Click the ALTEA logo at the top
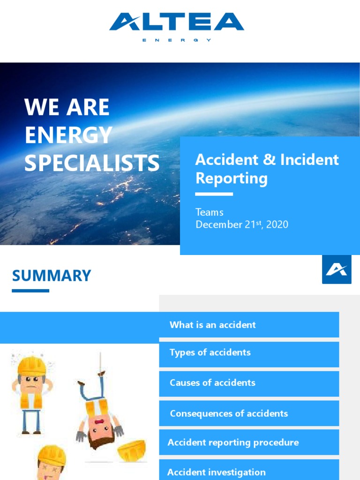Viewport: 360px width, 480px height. click(x=177, y=22)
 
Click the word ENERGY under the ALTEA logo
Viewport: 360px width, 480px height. click(x=177, y=40)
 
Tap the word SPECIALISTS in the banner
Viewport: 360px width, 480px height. click(x=92, y=163)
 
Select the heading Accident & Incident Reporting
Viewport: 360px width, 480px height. click(x=267, y=169)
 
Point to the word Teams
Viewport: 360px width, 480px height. click(x=209, y=212)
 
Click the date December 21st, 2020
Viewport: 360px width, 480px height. click(x=241, y=224)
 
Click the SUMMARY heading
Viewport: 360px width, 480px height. click(x=52, y=276)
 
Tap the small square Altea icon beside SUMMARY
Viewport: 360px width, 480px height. click(x=337, y=270)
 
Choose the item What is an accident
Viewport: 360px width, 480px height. click(x=212, y=325)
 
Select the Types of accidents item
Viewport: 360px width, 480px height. click(x=210, y=352)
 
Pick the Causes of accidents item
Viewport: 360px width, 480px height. click(x=212, y=382)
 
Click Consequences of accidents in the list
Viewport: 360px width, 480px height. click(x=229, y=413)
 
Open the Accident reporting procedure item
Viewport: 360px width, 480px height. click(x=233, y=442)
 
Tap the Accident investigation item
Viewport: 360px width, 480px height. click(x=216, y=472)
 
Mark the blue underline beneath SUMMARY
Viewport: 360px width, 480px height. click(x=30, y=291)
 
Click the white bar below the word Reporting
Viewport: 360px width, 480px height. click(x=214, y=194)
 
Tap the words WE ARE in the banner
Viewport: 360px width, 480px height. click(x=67, y=108)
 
